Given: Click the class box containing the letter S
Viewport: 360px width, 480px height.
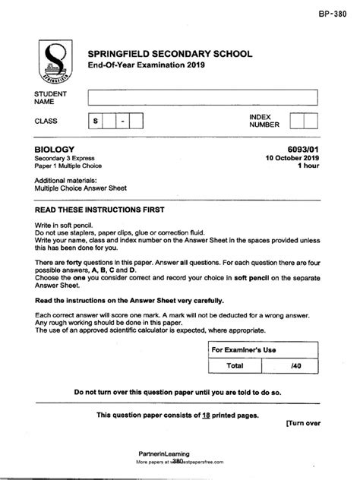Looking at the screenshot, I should point(96,122).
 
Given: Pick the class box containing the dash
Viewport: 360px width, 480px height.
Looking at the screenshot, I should point(121,122).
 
